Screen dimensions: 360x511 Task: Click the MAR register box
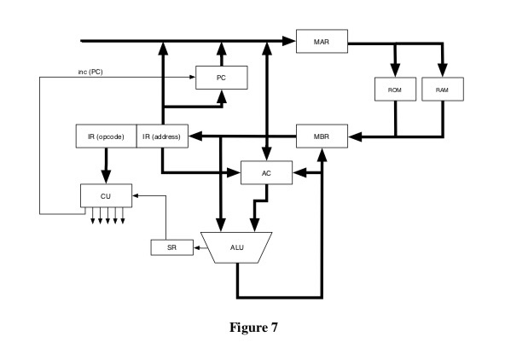pyautogui.click(x=318, y=39)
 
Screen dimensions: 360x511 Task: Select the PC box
pyautogui.click(x=222, y=78)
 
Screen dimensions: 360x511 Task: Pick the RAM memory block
pyautogui.click(x=441, y=90)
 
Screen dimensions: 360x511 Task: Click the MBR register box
pyautogui.click(x=318, y=135)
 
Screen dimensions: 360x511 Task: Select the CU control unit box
pyautogui.click(x=105, y=195)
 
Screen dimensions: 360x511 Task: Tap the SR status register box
pyautogui.click(x=165, y=248)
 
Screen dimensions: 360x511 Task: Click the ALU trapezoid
pyautogui.click(x=236, y=247)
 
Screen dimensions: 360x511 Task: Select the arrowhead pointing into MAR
pyautogui.click(x=290, y=39)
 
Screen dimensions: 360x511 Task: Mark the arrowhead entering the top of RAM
pyautogui.click(x=441, y=73)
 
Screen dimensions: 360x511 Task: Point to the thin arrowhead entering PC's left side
pyautogui.click(x=193, y=78)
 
